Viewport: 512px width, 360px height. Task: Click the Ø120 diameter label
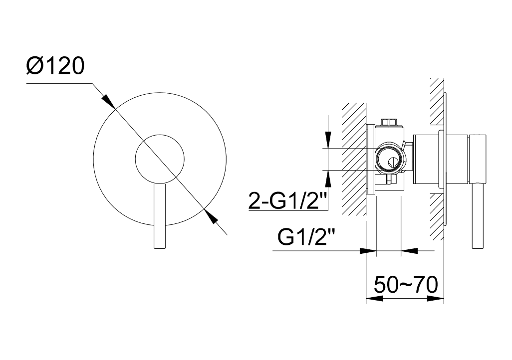pos(55,65)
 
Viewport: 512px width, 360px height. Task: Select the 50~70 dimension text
pos(406,284)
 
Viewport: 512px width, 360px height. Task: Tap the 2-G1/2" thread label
pos(287,200)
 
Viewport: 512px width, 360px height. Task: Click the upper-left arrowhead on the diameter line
pos(108,102)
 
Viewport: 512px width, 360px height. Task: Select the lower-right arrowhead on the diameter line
pos(210,216)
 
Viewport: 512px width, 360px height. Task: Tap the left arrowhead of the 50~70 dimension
pos(374,298)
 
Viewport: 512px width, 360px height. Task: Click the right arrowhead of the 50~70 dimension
pos(436,298)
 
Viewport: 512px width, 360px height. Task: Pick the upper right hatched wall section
pos(437,101)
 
